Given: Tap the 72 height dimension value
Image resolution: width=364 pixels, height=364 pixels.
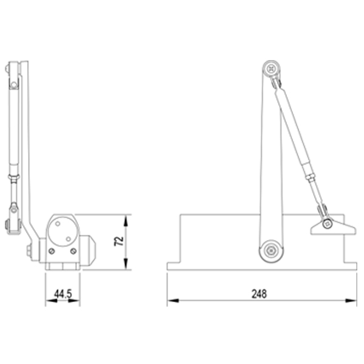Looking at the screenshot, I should tap(119, 241).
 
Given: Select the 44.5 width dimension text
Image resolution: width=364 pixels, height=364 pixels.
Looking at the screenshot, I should tap(63, 294).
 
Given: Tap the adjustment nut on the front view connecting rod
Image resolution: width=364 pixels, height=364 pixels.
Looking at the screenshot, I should tap(309, 178).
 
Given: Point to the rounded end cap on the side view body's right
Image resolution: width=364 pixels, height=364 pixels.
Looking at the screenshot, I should tap(89, 249).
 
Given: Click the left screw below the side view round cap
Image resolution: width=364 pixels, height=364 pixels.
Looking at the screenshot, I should tap(52, 251).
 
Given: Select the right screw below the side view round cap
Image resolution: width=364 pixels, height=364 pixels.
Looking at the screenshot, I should tap(73, 251).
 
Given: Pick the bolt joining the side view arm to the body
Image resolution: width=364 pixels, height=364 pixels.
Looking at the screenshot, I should tap(28, 250).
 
